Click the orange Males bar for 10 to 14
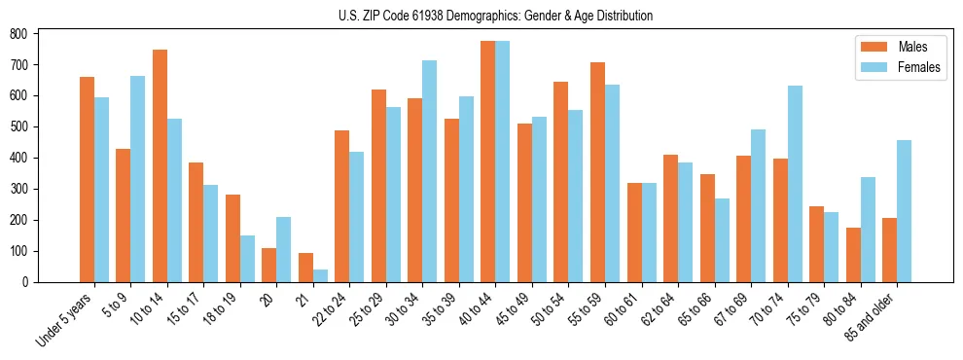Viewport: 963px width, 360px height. pos(160,165)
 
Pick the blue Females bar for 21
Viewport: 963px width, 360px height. pos(320,275)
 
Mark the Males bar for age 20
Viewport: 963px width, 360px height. pos(269,265)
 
